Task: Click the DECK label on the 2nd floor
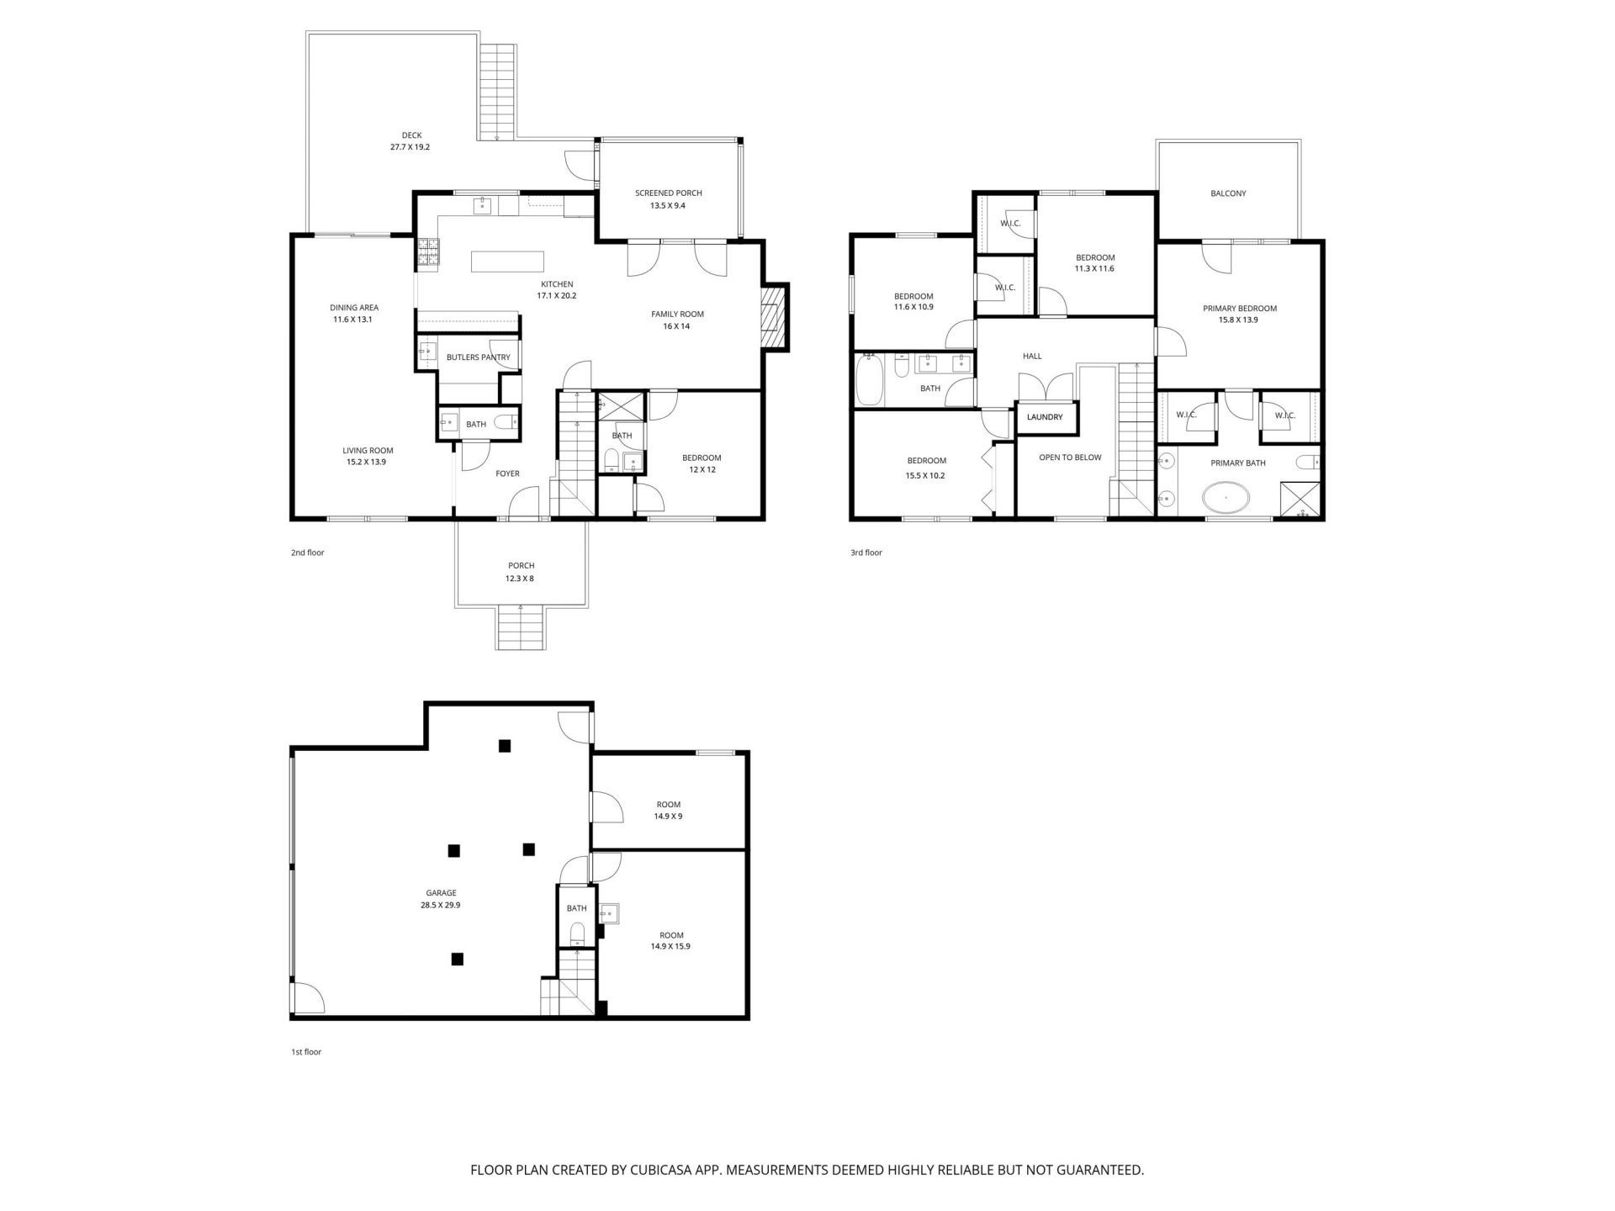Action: click(x=411, y=135)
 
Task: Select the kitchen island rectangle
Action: click(x=507, y=262)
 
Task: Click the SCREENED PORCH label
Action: click(x=668, y=193)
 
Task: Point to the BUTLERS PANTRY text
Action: click(x=478, y=357)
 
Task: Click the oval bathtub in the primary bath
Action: click(x=1226, y=498)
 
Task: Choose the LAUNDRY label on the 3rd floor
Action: click(x=1045, y=417)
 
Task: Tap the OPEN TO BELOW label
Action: click(x=1070, y=457)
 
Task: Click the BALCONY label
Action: click(x=1228, y=193)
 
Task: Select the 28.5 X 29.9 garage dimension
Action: click(x=441, y=906)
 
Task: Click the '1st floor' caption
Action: click(x=306, y=1052)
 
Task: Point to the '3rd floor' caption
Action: click(x=866, y=553)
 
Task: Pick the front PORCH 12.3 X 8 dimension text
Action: click(x=521, y=578)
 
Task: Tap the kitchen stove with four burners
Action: click(x=427, y=253)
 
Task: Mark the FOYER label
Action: click(x=507, y=473)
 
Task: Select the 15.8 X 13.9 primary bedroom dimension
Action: click(x=1238, y=320)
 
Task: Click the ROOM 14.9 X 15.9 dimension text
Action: click(x=670, y=946)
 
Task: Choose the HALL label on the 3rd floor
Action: click(x=1032, y=356)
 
